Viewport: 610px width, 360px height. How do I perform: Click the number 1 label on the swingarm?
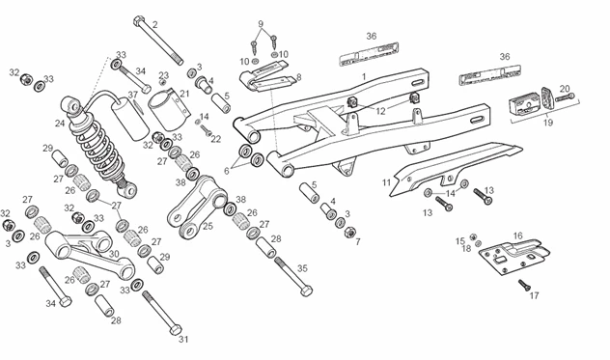click(x=364, y=76)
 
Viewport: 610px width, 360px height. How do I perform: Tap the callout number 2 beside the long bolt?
click(x=154, y=25)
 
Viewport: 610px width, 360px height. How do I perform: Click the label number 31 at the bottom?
click(x=183, y=340)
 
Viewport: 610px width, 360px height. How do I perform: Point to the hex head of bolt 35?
click(x=306, y=291)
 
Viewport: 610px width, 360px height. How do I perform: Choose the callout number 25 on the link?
click(x=208, y=226)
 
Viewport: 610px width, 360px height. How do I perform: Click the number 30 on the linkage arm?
click(x=114, y=254)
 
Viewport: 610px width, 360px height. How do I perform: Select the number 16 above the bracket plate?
click(x=517, y=235)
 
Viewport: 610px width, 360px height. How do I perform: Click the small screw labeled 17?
click(x=524, y=285)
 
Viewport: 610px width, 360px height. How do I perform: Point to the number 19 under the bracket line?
click(x=548, y=123)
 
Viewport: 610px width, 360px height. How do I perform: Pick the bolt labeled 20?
click(x=565, y=97)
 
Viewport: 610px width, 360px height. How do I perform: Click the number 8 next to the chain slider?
click(x=299, y=77)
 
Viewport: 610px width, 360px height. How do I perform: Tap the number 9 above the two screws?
click(x=261, y=24)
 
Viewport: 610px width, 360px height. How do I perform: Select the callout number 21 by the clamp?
click(x=184, y=94)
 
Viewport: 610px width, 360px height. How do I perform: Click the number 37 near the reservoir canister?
click(x=133, y=95)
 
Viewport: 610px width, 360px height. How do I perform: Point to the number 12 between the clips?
click(x=380, y=111)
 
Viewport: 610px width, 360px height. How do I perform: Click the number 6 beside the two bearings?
click(x=227, y=171)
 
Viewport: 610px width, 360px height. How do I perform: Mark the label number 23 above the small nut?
click(x=164, y=75)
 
